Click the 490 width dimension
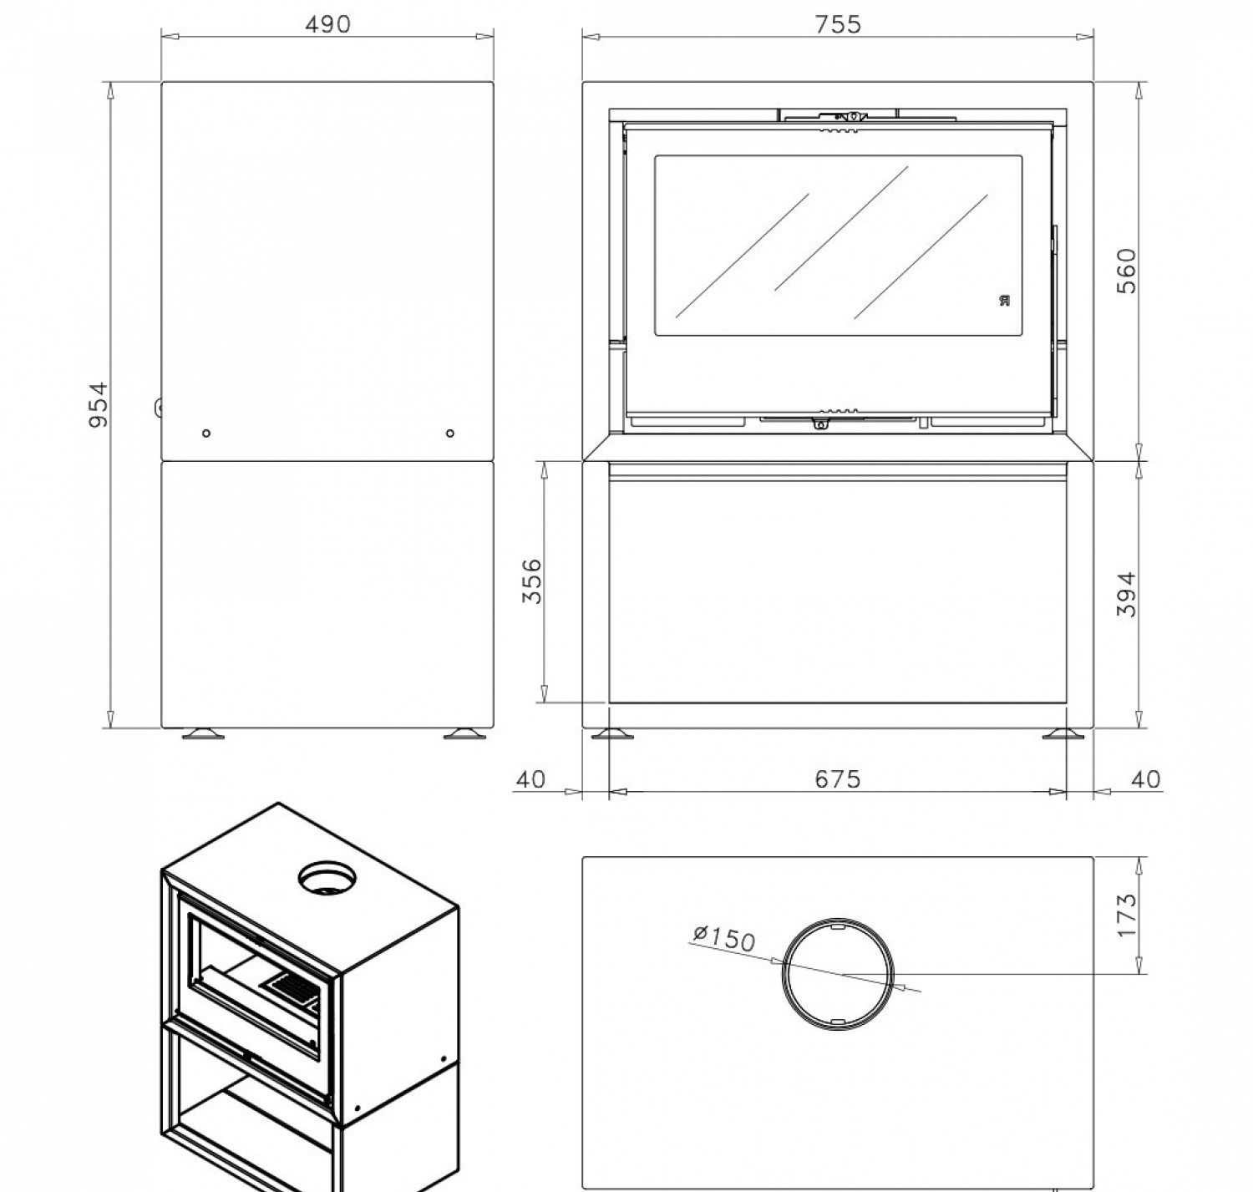(327, 24)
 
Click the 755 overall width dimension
(838, 24)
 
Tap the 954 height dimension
(99, 405)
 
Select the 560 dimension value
(1126, 271)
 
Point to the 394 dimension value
(1126, 594)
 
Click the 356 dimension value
(531, 581)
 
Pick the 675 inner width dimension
(838, 779)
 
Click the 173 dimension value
(1126, 916)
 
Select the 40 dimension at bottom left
(530, 779)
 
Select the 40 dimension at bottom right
(1145, 779)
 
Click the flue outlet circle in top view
(838, 974)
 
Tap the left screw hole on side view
(205, 434)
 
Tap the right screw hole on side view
(450, 434)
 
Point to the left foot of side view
(203, 733)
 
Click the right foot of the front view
(1063, 733)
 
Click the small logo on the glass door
(1005, 300)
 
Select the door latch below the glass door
(820, 424)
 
